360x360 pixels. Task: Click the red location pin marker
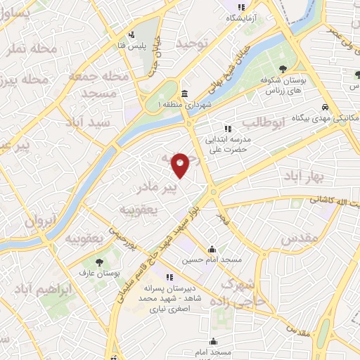(181, 165)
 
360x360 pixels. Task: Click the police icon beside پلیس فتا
(131, 34)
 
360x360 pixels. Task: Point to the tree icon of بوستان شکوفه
(283, 68)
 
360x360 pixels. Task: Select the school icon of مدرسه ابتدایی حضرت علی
(227, 129)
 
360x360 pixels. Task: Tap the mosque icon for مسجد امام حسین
(212, 249)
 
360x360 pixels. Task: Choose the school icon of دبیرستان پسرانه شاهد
(169, 276)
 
